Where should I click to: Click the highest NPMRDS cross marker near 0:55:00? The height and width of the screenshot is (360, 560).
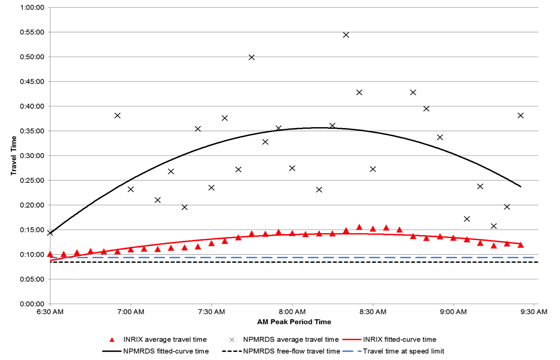click(346, 35)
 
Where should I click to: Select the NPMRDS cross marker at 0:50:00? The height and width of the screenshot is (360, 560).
click(252, 57)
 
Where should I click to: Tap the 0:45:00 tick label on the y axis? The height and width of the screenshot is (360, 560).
click(32, 82)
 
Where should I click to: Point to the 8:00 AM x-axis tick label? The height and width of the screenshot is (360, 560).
click(292, 312)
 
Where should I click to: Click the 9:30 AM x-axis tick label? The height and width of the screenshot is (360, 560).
click(534, 312)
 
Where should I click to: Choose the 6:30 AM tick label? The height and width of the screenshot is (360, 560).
click(50, 312)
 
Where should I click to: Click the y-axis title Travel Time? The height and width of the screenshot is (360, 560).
click(14, 155)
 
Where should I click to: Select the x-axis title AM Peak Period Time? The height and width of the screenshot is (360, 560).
click(294, 322)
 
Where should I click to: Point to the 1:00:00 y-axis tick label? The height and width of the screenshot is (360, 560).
click(32, 8)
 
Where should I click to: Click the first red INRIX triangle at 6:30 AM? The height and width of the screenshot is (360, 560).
click(50, 254)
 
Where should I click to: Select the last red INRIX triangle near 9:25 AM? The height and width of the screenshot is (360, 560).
click(520, 245)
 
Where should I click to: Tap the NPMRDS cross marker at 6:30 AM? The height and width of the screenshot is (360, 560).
click(50, 233)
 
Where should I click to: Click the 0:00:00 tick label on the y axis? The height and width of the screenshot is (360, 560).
click(32, 304)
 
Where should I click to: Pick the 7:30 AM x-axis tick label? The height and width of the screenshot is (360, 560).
click(211, 312)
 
